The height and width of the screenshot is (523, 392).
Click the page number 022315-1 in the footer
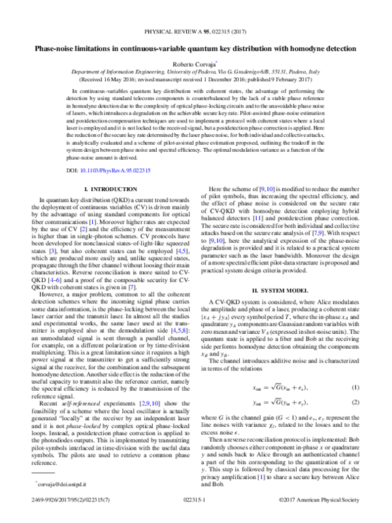coord(195,516)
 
